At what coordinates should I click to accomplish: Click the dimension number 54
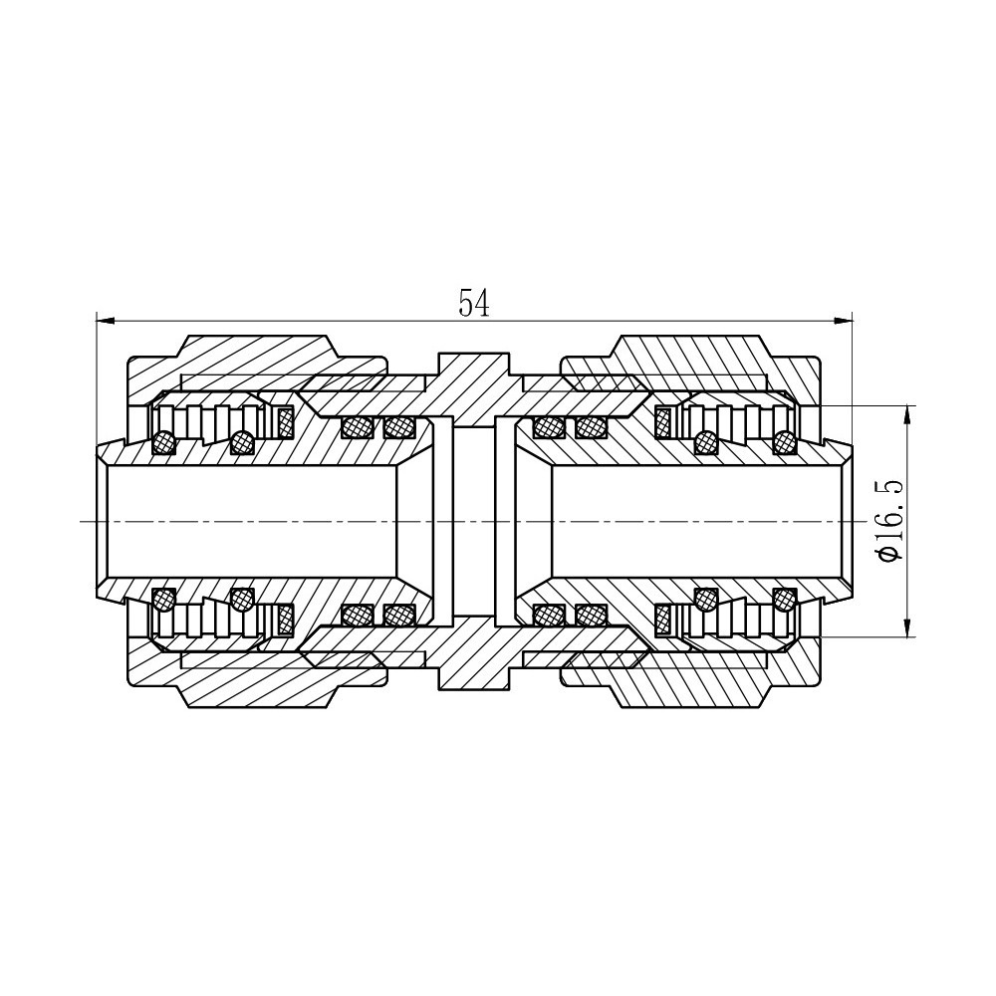click(x=474, y=303)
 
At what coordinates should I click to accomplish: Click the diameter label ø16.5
click(x=889, y=521)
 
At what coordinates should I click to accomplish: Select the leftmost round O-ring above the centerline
click(x=163, y=441)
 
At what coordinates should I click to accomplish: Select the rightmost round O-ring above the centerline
click(x=785, y=440)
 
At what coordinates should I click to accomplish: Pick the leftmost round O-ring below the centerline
click(x=163, y=600)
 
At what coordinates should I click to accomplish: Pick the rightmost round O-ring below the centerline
click(x=785, y=600)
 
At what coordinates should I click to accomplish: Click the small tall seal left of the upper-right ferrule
click(x=663, y=422)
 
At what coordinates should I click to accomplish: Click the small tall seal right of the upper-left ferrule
click(x=286, y=422)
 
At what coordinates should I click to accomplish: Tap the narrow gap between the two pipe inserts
click(x=474, y=521)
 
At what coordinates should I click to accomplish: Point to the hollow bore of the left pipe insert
click(x=249, y=521)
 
